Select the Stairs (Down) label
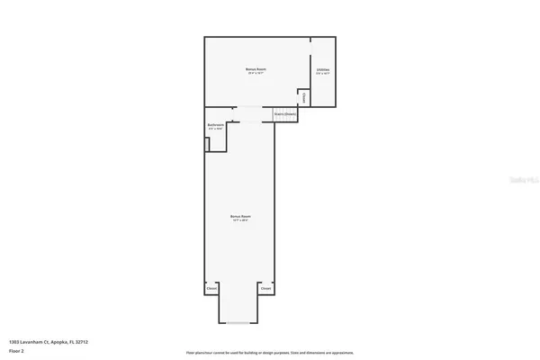click(285, 114)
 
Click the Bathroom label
click(215, 125)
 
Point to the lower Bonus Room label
click(238, 216)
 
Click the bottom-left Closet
click(211, 289)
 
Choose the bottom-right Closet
click(265, 289)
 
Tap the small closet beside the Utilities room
click(305, 96)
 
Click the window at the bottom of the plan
click(238, 322)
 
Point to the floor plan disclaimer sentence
click(270, 352)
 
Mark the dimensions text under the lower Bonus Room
click(238, 220)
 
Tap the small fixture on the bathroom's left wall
click(207, 140)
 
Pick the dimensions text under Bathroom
click(215, 130)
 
